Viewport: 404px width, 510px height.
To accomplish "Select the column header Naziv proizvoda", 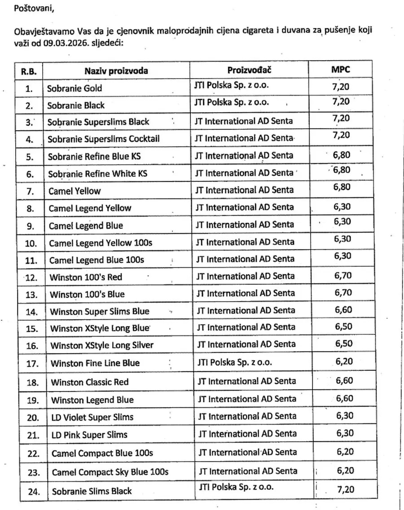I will pos(116,71).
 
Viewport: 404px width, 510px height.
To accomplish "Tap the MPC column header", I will pos(341,70).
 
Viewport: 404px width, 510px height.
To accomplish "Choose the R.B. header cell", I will pos(29,71).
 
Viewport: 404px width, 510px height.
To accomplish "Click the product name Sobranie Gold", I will pos(75,88).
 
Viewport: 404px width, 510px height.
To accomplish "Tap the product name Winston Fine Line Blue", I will pos(95,363).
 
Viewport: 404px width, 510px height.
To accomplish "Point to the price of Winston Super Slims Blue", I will pos(343,309).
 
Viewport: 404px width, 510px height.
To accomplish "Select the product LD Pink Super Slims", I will pos(89,435).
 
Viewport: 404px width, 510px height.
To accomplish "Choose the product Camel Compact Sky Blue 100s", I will pos(110,472).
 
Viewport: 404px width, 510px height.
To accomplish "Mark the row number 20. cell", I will pos(33,418).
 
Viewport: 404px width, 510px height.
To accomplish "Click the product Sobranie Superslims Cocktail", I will pos(104,139).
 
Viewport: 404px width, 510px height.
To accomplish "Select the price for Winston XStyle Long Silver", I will pos(343,344).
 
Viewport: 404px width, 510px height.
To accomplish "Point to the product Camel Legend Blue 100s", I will pos(97,260).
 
